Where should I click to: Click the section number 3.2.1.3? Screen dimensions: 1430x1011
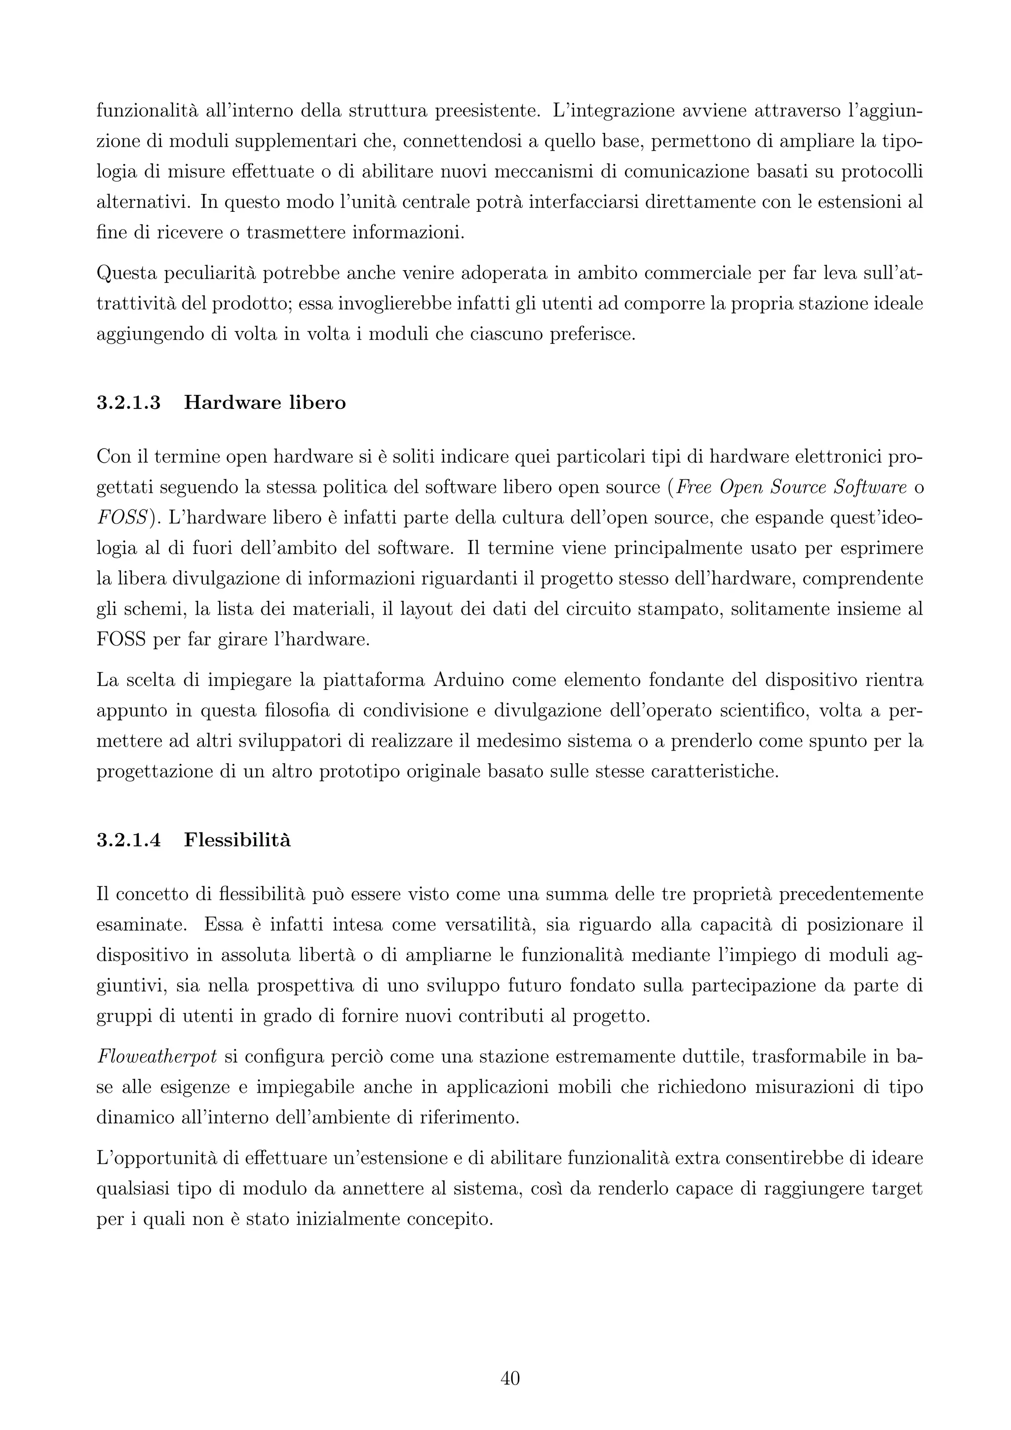click(x=129, y=403)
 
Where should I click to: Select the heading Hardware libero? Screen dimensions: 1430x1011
click(x=265, y=403)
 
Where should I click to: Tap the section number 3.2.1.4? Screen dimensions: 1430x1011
click(x=129, y=840)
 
